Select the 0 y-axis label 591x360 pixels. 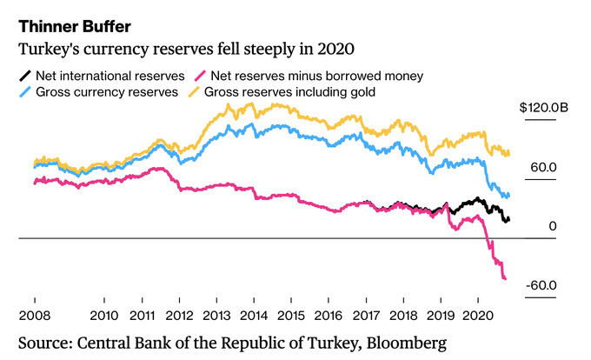point(552,226)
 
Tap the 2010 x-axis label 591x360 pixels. point(104,314)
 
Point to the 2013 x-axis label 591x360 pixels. point(216,314)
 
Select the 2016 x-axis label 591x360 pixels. point(329,314)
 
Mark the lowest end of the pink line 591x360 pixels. point(506,278)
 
